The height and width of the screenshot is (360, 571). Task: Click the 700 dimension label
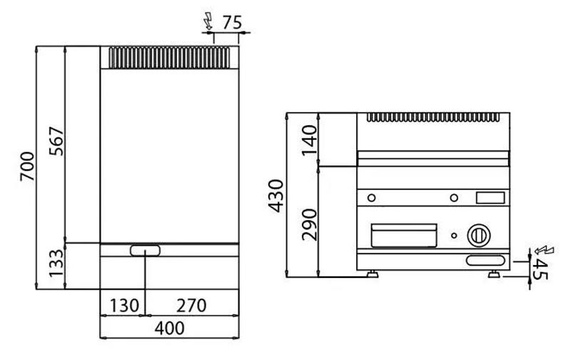[x=28, y=166]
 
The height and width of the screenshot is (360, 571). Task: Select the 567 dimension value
[x=56, y=141]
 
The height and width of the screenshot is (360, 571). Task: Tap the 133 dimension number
[x=56, y=263]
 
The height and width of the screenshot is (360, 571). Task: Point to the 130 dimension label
[x=124, y=305]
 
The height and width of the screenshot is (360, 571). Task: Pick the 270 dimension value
[x=191, y=305]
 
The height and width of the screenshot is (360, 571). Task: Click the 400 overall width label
[x=169, y=329]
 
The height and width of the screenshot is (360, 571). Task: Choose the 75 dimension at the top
[x=232, y=22]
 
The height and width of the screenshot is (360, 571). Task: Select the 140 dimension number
[x=310, y=140]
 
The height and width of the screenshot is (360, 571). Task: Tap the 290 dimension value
[x=310, y=224]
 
